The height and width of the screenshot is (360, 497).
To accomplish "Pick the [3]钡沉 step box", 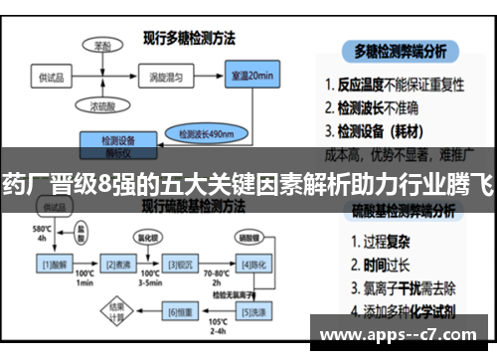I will click(x=180, y=264).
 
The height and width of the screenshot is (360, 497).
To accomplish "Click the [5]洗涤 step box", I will click(x=251, y=312).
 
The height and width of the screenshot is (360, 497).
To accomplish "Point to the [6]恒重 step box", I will click(x=179, y=312).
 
